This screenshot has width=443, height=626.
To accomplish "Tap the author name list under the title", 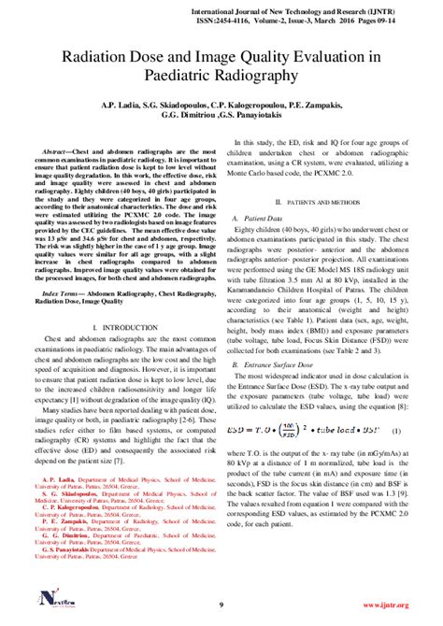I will [221, 113].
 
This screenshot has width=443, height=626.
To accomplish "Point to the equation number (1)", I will [396, 431].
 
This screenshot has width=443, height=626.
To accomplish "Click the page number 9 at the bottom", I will [221, 605].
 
